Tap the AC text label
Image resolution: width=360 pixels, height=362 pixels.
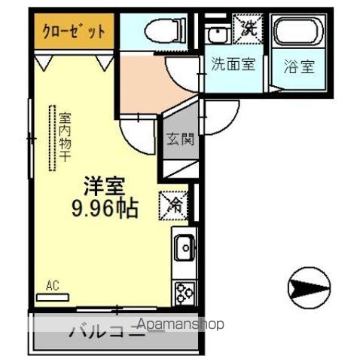pyautogui.click(x=52, y=285)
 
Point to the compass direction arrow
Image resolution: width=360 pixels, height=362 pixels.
pyautogui.click(x=309, y=287)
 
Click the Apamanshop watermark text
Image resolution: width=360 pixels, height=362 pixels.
pyautogui.click(x=177, y=325)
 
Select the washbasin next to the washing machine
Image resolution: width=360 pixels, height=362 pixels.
pyautogui.click(x=218, y=33)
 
